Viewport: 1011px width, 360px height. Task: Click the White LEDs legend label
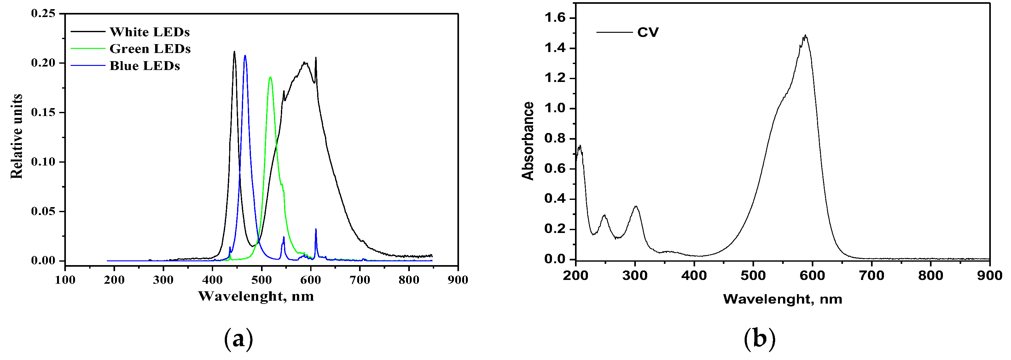pos(149,32)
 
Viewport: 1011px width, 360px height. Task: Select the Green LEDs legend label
pos(150,49)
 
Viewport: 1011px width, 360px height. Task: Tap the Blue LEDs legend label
pos(144,66)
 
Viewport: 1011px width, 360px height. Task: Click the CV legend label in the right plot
pos(648,32)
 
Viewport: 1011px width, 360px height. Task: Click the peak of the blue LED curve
pos(245,56)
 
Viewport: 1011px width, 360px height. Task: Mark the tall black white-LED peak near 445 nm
pos(234,51)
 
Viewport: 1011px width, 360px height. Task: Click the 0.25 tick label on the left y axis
pos(43,13)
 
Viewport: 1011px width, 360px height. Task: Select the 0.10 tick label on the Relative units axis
pos(43,162)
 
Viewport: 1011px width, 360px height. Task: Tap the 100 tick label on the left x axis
pos(65,280)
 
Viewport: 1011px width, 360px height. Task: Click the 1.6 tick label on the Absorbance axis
pos(555,18)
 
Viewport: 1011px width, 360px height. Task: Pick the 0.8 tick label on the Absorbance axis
pos(555,138)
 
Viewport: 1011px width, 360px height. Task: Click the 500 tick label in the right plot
pos(753,276)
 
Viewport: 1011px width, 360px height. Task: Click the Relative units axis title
pos(16,136)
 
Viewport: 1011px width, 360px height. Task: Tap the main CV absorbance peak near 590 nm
pos(805,35)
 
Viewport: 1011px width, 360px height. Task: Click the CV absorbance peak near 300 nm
pos(636,206)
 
